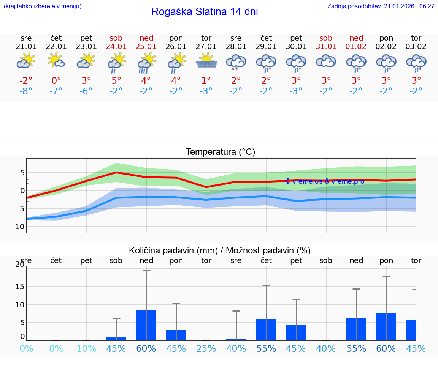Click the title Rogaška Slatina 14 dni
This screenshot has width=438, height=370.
click(x=205, y=12)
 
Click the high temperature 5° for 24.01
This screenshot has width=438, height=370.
click(x=116, y=80)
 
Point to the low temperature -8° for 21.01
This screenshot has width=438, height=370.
click(x=26, y=91)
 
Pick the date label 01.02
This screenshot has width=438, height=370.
click(x=356, y=46)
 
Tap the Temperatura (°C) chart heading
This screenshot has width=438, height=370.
click(x=220, y=152)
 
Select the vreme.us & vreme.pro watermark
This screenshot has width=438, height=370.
click(x=324, y=181)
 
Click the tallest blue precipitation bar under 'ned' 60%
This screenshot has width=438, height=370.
click(x=146, y=325)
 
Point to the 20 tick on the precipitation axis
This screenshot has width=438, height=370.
click(x=20, y=265)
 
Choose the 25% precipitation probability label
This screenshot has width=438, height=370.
click(x=206, y=348)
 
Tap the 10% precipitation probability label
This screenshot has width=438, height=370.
click(x=86, y=348)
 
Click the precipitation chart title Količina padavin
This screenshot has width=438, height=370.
click(x=220, y=250)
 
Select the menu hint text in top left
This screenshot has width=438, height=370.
click(x=42, y=6)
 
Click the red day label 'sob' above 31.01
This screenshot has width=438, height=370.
click(x=326, y=38)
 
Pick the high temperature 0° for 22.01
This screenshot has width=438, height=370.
click(x=56, y=80)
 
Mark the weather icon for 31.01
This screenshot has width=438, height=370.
click(x=326, y=61)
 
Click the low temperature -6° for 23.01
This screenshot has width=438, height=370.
click(x=86, y=91)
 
